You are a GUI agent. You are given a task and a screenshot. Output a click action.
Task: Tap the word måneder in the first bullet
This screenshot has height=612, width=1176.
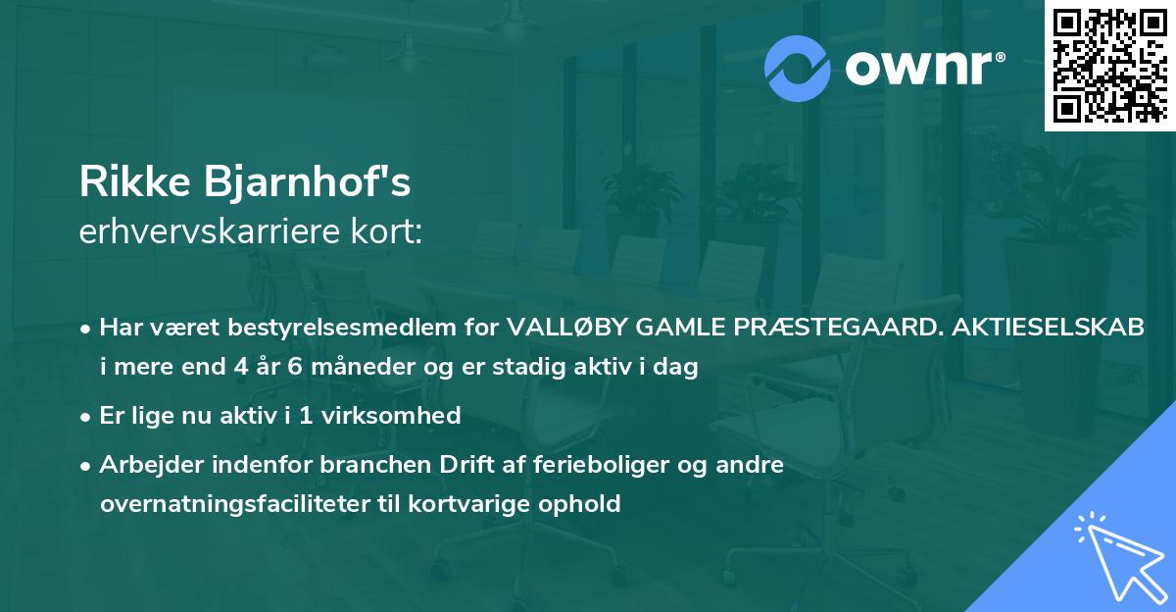(x=336, y=369)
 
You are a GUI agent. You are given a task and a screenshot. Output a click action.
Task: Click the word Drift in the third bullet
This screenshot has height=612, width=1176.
(x=438, y=465)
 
